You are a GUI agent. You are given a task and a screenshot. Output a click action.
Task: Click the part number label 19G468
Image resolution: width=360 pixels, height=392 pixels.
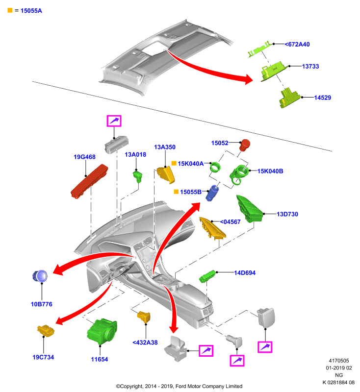[84, 157]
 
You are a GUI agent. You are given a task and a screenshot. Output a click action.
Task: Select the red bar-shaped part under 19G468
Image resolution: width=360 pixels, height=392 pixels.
[89, 181]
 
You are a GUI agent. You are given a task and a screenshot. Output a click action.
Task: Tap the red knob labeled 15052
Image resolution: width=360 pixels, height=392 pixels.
[244, 145]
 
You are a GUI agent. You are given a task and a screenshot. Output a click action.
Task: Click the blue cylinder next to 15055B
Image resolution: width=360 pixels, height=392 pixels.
[212, 193]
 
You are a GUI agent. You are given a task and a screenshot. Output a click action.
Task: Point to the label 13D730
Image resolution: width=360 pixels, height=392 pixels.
[287, 214]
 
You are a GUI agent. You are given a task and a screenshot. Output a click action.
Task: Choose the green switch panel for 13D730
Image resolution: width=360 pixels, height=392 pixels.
[250, 209]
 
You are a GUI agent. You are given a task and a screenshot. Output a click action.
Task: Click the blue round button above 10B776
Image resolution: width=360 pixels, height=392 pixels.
[40, 276]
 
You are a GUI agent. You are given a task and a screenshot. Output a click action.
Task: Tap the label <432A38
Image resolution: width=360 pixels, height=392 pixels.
[145, 343]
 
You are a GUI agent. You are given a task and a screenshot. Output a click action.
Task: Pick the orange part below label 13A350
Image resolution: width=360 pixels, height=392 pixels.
[166, 175]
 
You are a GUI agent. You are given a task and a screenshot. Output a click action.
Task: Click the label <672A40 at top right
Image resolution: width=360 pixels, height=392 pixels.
[297, 44]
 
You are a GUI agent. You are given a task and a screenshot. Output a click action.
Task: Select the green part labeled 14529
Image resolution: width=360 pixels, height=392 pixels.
[289, 98]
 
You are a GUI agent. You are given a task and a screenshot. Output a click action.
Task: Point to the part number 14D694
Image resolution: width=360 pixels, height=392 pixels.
[245, 273]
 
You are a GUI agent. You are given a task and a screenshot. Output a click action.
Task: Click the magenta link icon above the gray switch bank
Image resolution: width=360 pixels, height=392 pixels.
[114, 121]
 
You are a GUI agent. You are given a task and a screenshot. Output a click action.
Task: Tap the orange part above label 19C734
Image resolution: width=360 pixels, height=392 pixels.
[46, 330]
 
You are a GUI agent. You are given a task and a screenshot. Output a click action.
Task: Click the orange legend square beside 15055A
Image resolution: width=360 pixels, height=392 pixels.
[10, 10]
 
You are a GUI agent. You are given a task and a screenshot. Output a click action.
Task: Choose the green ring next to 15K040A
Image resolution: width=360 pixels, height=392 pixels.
[215, 167]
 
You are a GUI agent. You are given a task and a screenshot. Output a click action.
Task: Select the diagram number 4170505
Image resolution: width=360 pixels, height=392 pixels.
[339, 361]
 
